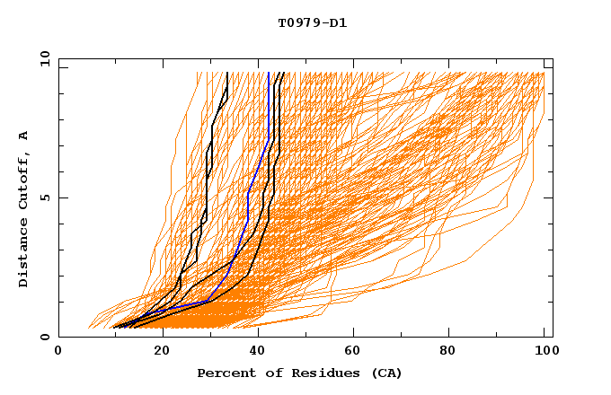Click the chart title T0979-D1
pyautogui.click(x=312, y=22)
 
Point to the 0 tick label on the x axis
pyautogui.click(x=58, y=352)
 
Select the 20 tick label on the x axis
pyautogui.click(x=162, y=352)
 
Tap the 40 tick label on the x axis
pyautogui.click(x=259, y=352)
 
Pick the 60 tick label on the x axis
pyautogui.click(x=356, y=352)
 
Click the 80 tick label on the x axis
pyautogui.click(x=453, y=352)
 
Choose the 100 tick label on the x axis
pyautogui.click(x=545, y=352)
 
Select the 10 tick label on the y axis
pyautogui.click(x=42, y=58)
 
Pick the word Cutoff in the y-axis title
pyautogui.click(x=23, y=180)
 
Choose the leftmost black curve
pyautogui.click(x=207, y=180)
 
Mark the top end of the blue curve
pyautogui.click(x=270, y=74)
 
